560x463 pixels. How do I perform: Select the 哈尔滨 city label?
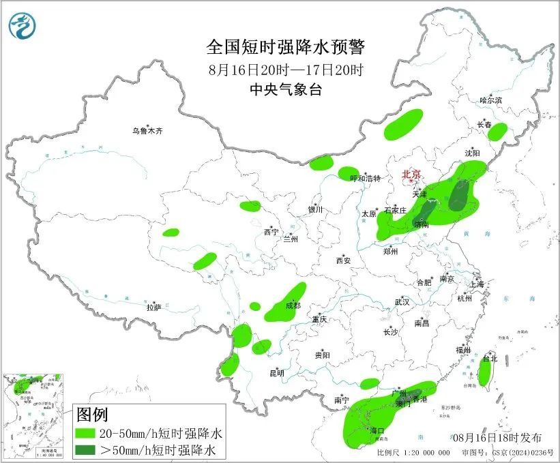click(490, 100)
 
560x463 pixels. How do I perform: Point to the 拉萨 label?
click(153, 308)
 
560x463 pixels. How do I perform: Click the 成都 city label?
click(293, 306)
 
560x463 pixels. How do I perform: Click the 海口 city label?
click(378, 431)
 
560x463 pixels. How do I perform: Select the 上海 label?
click(476, 284)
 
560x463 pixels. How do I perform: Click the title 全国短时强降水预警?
click(286, 47)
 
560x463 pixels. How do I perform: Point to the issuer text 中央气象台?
click(286, 89)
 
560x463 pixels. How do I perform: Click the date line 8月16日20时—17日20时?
click(286, 69)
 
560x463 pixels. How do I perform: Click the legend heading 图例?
click(92, 414)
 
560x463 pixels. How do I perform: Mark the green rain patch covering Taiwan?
click(485, 373)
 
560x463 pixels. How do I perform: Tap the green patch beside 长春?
click(498, 132)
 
